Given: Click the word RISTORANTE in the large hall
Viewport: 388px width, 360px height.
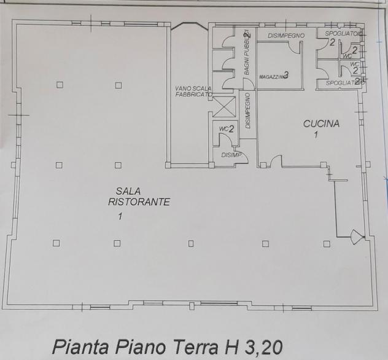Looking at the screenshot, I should click(139, 202).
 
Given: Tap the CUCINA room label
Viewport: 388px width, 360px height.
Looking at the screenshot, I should click(321, 123).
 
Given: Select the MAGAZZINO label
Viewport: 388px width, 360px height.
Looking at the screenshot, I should click(270, 76).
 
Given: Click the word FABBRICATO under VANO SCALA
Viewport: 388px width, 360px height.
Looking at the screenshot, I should click(193, 95).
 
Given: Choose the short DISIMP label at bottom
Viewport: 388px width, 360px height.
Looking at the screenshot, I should click(231, 155).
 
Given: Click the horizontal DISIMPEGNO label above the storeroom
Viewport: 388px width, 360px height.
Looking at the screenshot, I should click(286, 36).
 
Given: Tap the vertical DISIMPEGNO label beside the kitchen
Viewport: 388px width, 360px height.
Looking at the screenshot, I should click(247, 111).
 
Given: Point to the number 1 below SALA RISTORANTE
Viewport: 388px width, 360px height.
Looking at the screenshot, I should click(120, 216).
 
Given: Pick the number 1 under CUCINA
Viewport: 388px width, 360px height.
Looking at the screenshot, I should click(316, 135).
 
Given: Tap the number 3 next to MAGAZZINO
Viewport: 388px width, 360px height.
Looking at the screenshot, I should click(286, 75).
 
